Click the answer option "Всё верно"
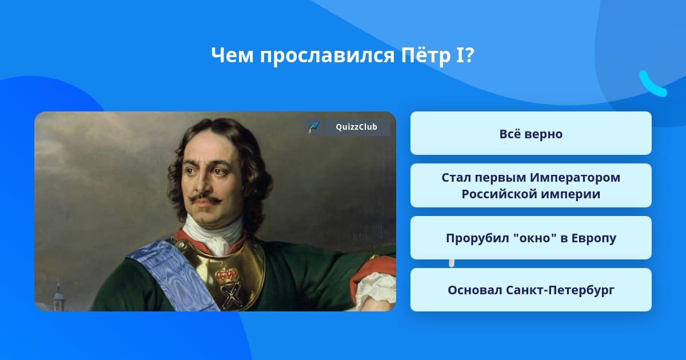pos(531,133)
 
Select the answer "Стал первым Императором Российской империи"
pos(531,186)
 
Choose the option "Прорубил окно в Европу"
pos(531,238)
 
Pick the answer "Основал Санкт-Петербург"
pos(531,290)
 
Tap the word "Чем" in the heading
pos(232,56)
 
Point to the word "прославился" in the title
pos(327,57)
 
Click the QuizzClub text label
pos(356,127)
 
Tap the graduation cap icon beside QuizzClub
pos(313,127)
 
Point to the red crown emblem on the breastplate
pos(226,275)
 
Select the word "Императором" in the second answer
pos(575,178)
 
